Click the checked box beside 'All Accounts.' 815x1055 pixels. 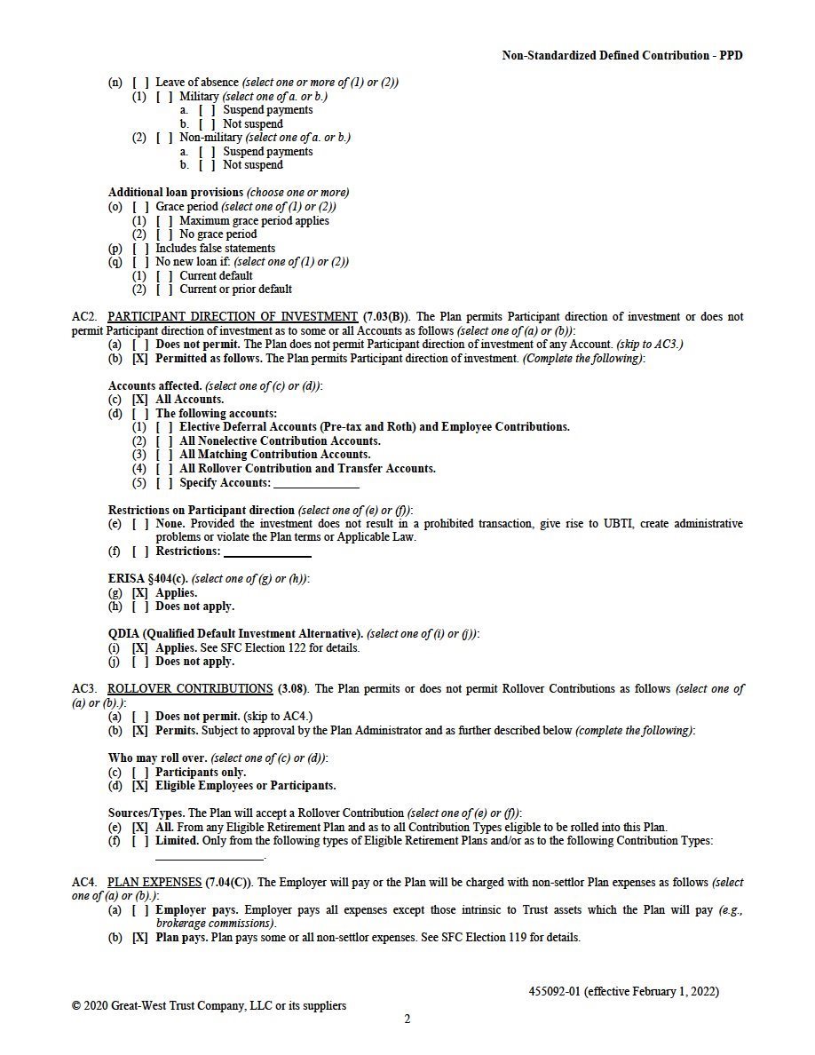tap(140, 400)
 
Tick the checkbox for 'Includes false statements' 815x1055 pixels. tap(140, 249)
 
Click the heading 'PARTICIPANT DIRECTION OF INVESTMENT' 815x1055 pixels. tap(232, 317)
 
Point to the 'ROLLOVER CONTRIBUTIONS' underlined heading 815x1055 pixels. tap(190, 689)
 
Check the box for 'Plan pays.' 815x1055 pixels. tap(140, 938)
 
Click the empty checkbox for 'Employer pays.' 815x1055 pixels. tap(140, 910)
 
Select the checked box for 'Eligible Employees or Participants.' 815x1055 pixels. tap(140, 786)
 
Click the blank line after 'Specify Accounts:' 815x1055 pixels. tap(316, 485)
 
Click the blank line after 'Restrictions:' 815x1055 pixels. tap(267, 553)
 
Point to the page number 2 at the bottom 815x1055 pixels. tap(407, 1019)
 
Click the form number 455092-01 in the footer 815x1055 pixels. tap(555, 991)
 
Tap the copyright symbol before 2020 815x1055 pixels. tap(76, 1006)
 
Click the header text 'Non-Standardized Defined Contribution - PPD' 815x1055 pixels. tap(621, 56)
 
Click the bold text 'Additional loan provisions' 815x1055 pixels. tap(176, 193)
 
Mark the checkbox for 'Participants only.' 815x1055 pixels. tap(140, 773)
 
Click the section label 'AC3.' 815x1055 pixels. tap(84, 689)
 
